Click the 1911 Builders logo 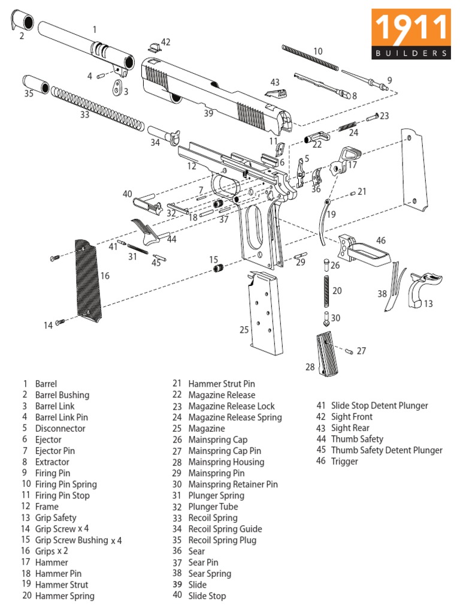click(x=410, y=34)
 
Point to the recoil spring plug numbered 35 click(x=36, y=84)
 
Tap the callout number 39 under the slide click(x=208, y=113)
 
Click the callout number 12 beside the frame click(x=192, y=166)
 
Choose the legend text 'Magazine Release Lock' click(x=231, y=406)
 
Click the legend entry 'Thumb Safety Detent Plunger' click(x=386, y=450)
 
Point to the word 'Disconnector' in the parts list click(x=60, y=428)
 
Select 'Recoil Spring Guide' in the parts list click(x=225, y=529)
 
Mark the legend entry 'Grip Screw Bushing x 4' click(x=78, y=540)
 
